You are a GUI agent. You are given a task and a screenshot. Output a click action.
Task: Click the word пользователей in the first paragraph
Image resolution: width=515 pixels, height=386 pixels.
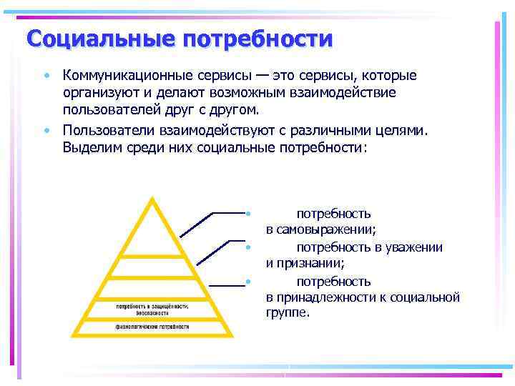[107, 112]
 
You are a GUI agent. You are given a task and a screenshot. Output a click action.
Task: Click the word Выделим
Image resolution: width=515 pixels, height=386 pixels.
[89, 148]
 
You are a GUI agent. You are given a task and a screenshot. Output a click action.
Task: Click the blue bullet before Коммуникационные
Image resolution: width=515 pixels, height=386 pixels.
[45, 76]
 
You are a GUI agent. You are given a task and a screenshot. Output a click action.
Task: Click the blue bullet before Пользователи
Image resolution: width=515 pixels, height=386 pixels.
[45, 130]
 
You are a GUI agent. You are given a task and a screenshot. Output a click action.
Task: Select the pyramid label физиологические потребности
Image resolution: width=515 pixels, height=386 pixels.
[152, 326]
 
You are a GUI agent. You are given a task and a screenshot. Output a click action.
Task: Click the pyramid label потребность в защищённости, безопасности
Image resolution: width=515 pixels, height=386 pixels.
[152, 310]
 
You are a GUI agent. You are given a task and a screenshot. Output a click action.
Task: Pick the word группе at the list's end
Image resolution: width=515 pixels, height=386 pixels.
[288, 312]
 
